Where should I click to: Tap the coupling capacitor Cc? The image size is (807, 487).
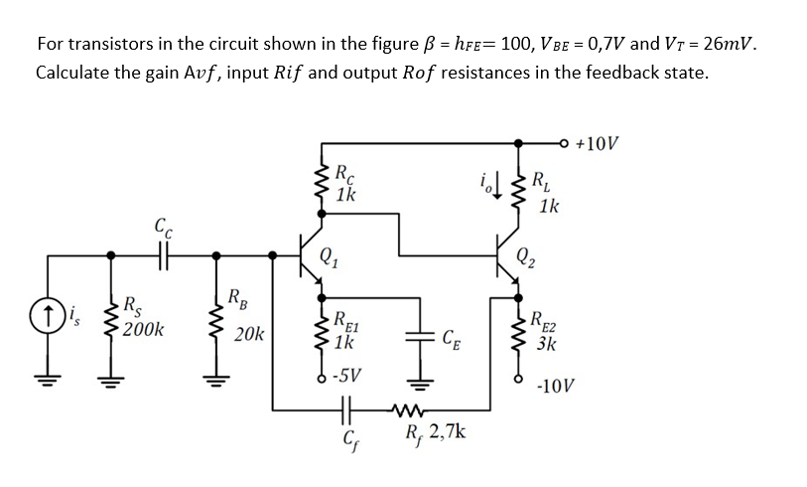click(160, 257)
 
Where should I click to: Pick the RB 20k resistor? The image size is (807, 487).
click(218, 315)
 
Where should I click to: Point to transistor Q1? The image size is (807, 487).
click(313, 257)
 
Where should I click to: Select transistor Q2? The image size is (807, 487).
click(508, 257)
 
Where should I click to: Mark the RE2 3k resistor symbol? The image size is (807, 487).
click(516, 333)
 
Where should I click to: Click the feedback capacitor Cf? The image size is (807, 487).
click(346, 406)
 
